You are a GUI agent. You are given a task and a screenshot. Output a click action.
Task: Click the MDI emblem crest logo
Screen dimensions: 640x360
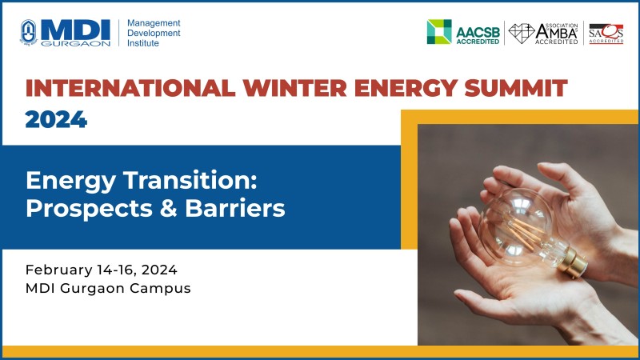pos(28,32)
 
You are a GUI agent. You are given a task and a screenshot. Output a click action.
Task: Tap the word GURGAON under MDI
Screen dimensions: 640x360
pos(75,43)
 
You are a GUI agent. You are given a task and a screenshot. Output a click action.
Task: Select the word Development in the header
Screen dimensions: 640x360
pos(154,33)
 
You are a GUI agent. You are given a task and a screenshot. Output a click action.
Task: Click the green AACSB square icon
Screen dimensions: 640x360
pos(439,31)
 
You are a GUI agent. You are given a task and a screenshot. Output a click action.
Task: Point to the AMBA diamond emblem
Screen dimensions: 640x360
pos(522,33)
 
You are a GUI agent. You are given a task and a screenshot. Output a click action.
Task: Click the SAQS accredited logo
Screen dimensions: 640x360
pos(606,34)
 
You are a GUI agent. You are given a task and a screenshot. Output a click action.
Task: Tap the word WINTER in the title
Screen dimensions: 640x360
pos(294,88)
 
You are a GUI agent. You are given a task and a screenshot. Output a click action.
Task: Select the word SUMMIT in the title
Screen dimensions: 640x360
pos(516,88)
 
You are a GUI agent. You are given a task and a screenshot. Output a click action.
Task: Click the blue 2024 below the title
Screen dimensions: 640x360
pos(56,119)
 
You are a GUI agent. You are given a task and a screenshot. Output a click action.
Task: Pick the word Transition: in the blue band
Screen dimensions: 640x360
pos(190,180)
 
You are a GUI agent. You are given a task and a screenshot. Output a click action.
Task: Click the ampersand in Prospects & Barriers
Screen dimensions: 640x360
pos(169,208)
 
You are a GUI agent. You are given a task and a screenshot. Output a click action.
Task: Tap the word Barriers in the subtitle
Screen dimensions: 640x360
pos(235,208)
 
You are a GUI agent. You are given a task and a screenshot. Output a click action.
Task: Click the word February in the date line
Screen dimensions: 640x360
pos(58,270)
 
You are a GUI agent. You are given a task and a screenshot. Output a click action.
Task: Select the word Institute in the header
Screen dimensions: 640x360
pos(143,43)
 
